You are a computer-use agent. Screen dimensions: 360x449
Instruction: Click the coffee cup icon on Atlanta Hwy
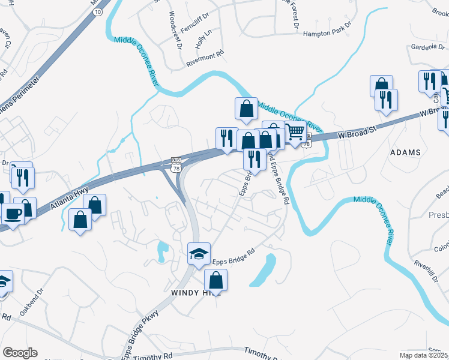[13, 212]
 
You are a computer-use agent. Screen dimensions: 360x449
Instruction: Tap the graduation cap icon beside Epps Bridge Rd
[198, 254]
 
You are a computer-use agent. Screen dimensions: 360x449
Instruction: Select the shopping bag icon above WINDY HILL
[216, 280]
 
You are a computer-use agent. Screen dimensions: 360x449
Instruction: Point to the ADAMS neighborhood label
[405, 152]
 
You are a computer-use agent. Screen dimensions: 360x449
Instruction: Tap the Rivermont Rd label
[205, 52]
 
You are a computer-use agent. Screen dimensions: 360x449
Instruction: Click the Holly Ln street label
[205, 40]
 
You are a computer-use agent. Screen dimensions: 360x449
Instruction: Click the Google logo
[20, 353]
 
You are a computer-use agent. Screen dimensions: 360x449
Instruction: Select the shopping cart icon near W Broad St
[294, 132]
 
